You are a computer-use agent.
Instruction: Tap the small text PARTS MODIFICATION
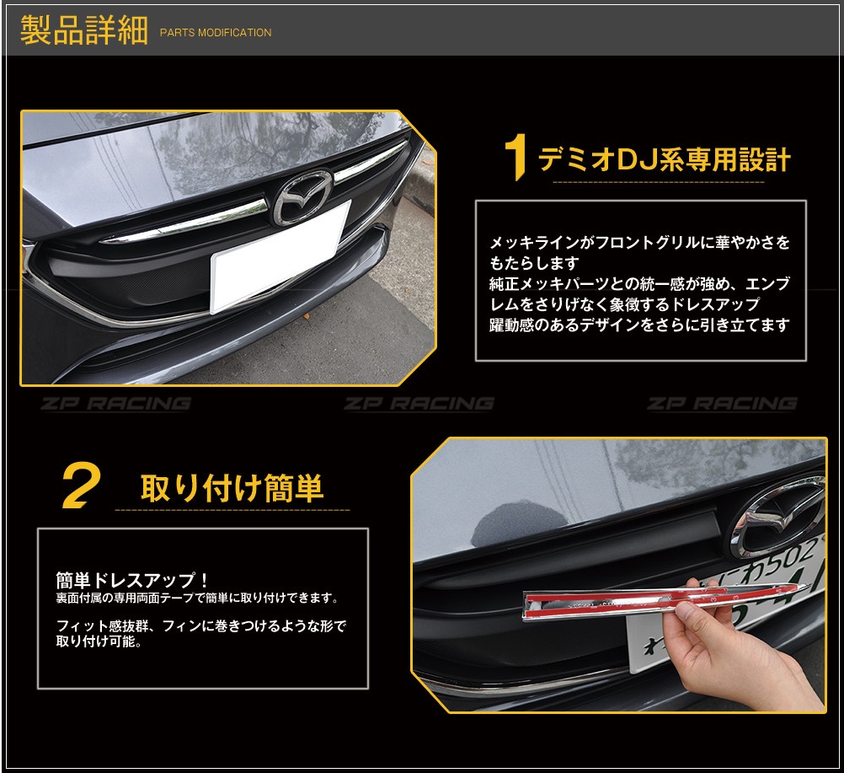tap(216, 33)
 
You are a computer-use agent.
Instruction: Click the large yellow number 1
tap(515, 158)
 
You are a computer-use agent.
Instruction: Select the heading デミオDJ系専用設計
tap(664, 158)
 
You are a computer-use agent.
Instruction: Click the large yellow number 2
tap(82, 487)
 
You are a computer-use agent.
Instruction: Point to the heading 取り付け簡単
tap(232, 488)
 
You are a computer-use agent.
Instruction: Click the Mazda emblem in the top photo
tap(302, 196)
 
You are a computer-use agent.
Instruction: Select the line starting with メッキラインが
tap(640, 243)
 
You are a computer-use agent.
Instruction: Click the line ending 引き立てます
tap(640, 325)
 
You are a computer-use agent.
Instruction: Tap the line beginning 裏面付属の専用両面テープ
tap(197, 598)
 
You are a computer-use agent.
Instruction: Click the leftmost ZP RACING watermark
tap(115, 404)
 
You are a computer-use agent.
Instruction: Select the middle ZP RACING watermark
tap(419, 404)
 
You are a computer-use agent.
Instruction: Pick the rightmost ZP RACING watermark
tap(722, 404)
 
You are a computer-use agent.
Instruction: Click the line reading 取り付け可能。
tap(99, 641)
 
